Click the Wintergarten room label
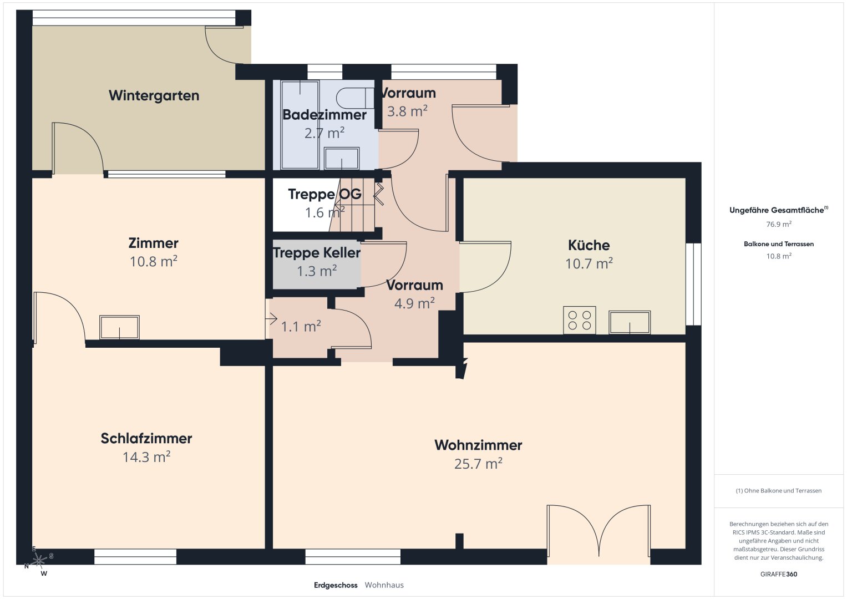(x=154, y=95)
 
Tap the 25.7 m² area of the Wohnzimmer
(x=478, y=464)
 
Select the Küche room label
(x=589, y=245)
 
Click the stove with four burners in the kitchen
(x=579, y=320)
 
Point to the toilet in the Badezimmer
(x=354, y=98)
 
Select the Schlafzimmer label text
(x=146, y=438)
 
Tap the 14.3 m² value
(x=146, y=457)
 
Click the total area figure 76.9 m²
(x=779, y=224)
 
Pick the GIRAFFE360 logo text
(x=779, y=574)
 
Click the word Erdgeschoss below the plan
(x=336, y=585)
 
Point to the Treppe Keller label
(x=317, y=252)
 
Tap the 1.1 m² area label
(x=301, y=326)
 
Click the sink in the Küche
(x=630, y=322)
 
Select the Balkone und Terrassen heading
(x=779, y=244)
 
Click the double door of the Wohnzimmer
(x=599, y=530)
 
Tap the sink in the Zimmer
(x=119, y=327)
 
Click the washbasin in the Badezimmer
(x=342, y=158)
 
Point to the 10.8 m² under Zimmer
(x=154, y=262)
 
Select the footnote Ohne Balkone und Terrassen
(x=779, y=490)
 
